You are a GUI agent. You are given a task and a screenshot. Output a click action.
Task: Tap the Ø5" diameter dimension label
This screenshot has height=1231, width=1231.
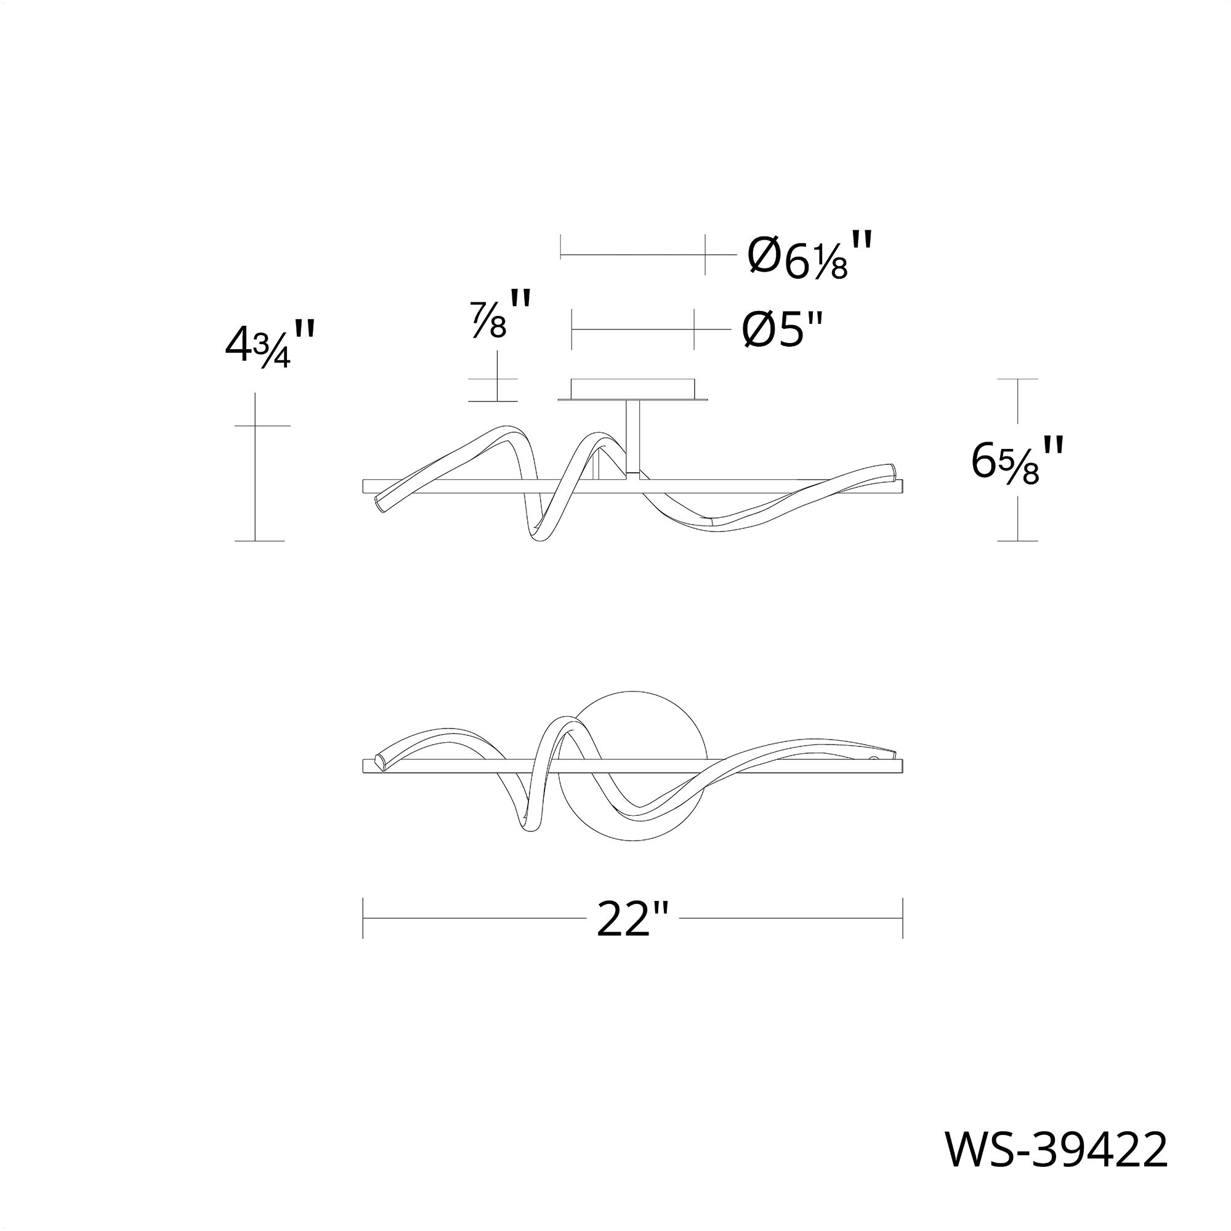[783, 330]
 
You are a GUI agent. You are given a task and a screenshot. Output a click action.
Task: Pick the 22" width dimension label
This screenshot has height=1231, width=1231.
[632, 919]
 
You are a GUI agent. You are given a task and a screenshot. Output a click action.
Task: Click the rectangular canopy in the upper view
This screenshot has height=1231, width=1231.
[632, 388]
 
